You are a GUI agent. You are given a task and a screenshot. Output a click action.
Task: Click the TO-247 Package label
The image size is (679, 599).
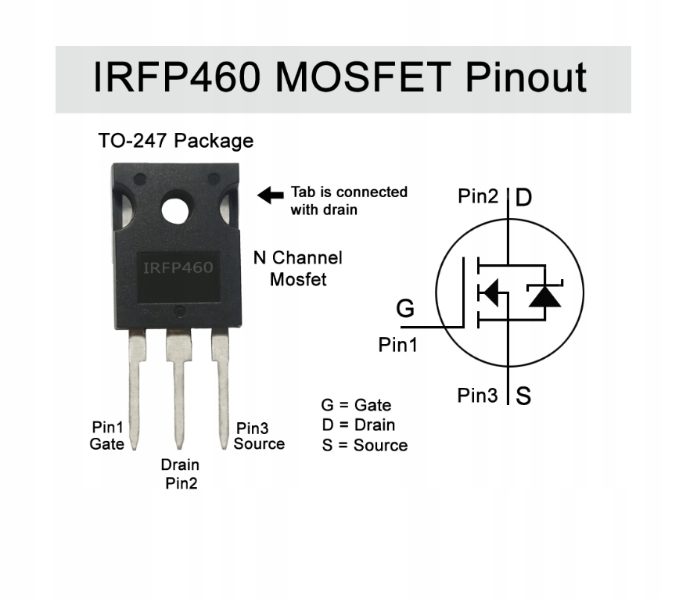point(176,141)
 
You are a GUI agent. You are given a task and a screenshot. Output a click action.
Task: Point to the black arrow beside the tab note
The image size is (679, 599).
point(271,195)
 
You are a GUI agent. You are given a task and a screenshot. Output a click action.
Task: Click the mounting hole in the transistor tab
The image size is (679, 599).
point(176,210)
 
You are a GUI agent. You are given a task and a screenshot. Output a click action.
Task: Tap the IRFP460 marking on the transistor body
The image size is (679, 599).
point(178,268)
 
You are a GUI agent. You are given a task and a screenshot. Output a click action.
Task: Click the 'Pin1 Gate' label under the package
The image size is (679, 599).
point(107,436)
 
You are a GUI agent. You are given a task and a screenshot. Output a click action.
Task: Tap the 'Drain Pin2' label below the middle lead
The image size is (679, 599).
point(181,474)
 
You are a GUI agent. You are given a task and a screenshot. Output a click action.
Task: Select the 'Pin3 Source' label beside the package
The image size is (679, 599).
point(258,436)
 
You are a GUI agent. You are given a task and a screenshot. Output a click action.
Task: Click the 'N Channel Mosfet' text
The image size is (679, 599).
point(298,267)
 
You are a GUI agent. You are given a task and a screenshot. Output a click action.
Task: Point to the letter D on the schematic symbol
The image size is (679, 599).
point(523,197)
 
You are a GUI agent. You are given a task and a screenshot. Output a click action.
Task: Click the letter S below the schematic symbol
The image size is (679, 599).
point(523,396)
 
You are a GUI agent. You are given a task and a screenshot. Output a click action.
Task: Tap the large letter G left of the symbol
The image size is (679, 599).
point(405,309)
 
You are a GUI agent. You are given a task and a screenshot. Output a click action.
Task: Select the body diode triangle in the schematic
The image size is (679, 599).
point(544,296)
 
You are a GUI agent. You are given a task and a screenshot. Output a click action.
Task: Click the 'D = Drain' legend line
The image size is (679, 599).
point(358,425)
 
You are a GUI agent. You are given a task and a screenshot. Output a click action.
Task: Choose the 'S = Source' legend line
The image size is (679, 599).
point(365,446)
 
